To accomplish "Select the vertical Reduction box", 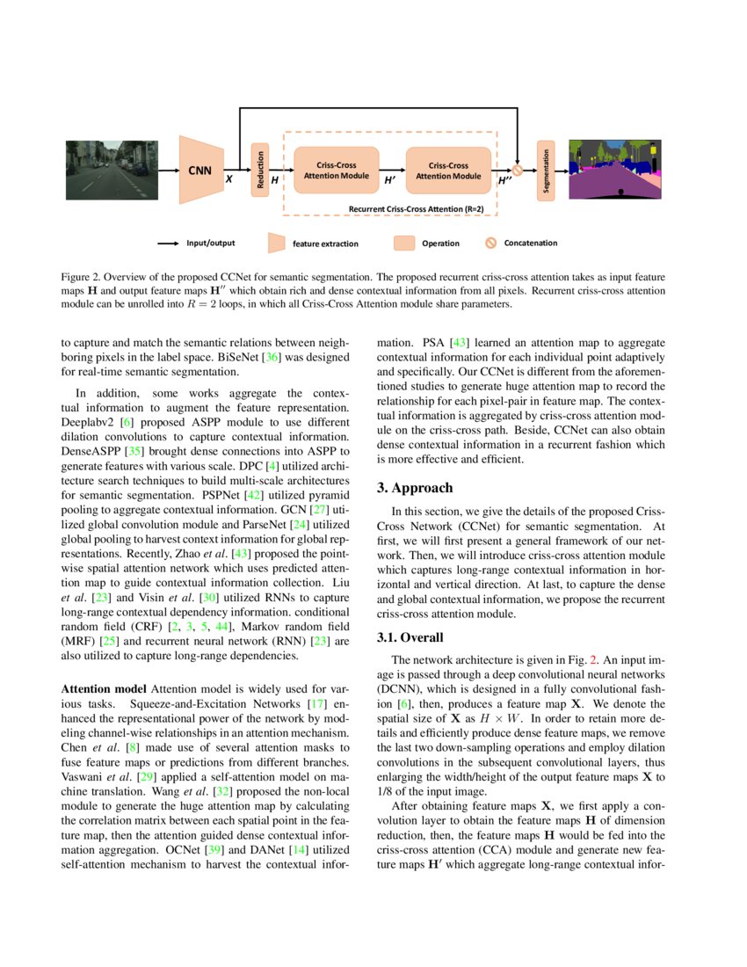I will tap(259, 170).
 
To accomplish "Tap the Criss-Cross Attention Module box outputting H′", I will tap(336, 170).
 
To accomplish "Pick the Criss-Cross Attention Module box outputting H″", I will tap(448, 170).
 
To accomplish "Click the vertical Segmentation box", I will tap(546, 170).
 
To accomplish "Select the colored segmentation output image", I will tap(620, 169).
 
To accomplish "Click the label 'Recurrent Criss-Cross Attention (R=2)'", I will tap(416, 209).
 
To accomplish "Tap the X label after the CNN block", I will tap(229, 178).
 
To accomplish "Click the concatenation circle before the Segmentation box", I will tap(518, 171).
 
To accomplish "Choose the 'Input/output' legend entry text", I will tap(210, 243).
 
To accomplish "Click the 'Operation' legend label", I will tap(440, 244).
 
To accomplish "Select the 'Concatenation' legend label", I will tap(531, 243).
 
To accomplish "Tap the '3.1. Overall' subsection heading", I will tap(410, 637).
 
